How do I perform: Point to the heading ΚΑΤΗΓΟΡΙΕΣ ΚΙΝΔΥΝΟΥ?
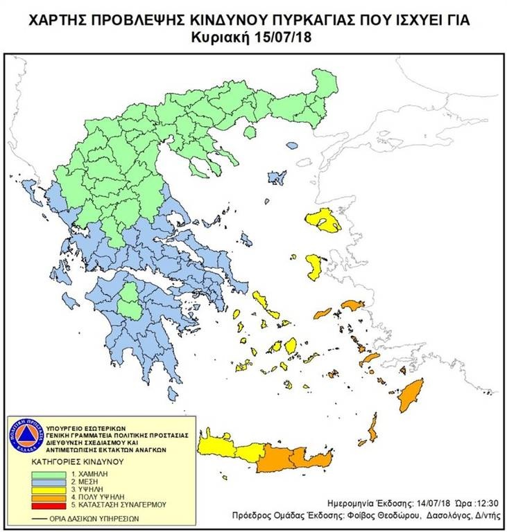77,461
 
